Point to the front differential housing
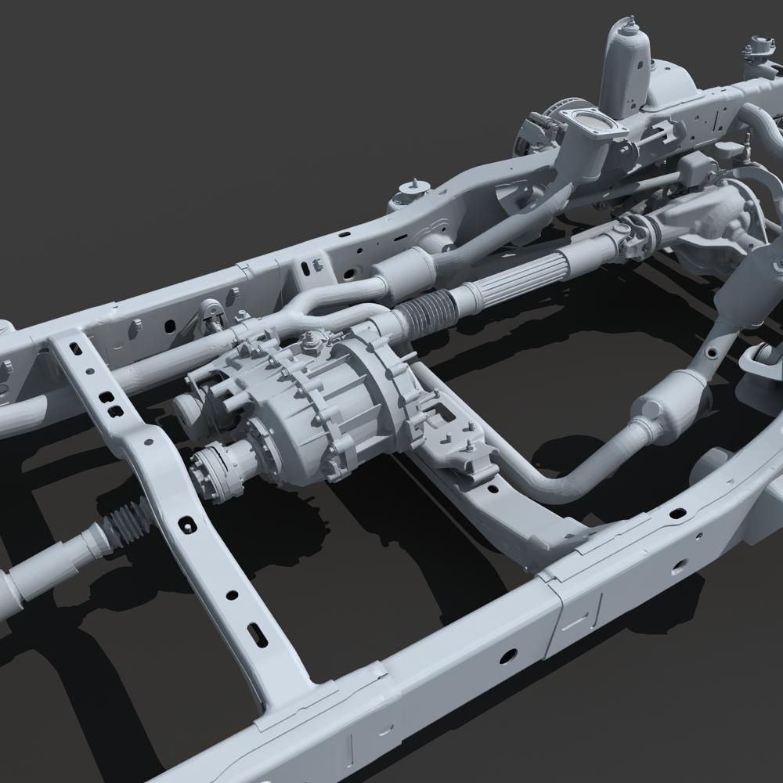pos(713,219)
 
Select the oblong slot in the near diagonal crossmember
pos(257,633)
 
